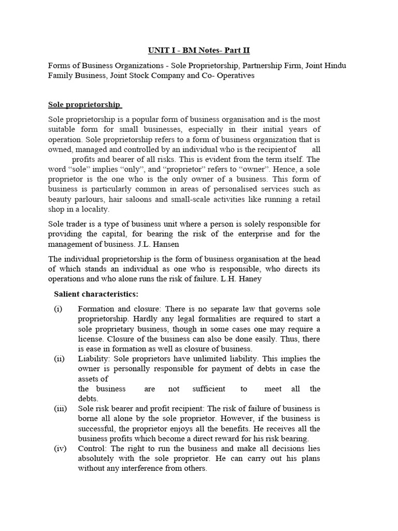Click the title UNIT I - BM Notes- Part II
(x=198, y=50)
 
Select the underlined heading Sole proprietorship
(x=85, y=104)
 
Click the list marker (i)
(x=58, y=309)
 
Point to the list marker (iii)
(x=60, y=409)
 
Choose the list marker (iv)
(x=60, y=449)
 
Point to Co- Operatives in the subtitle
(x=229, y=76)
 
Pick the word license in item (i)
(x=92, y=339)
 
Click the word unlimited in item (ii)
(x=233, y=358)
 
